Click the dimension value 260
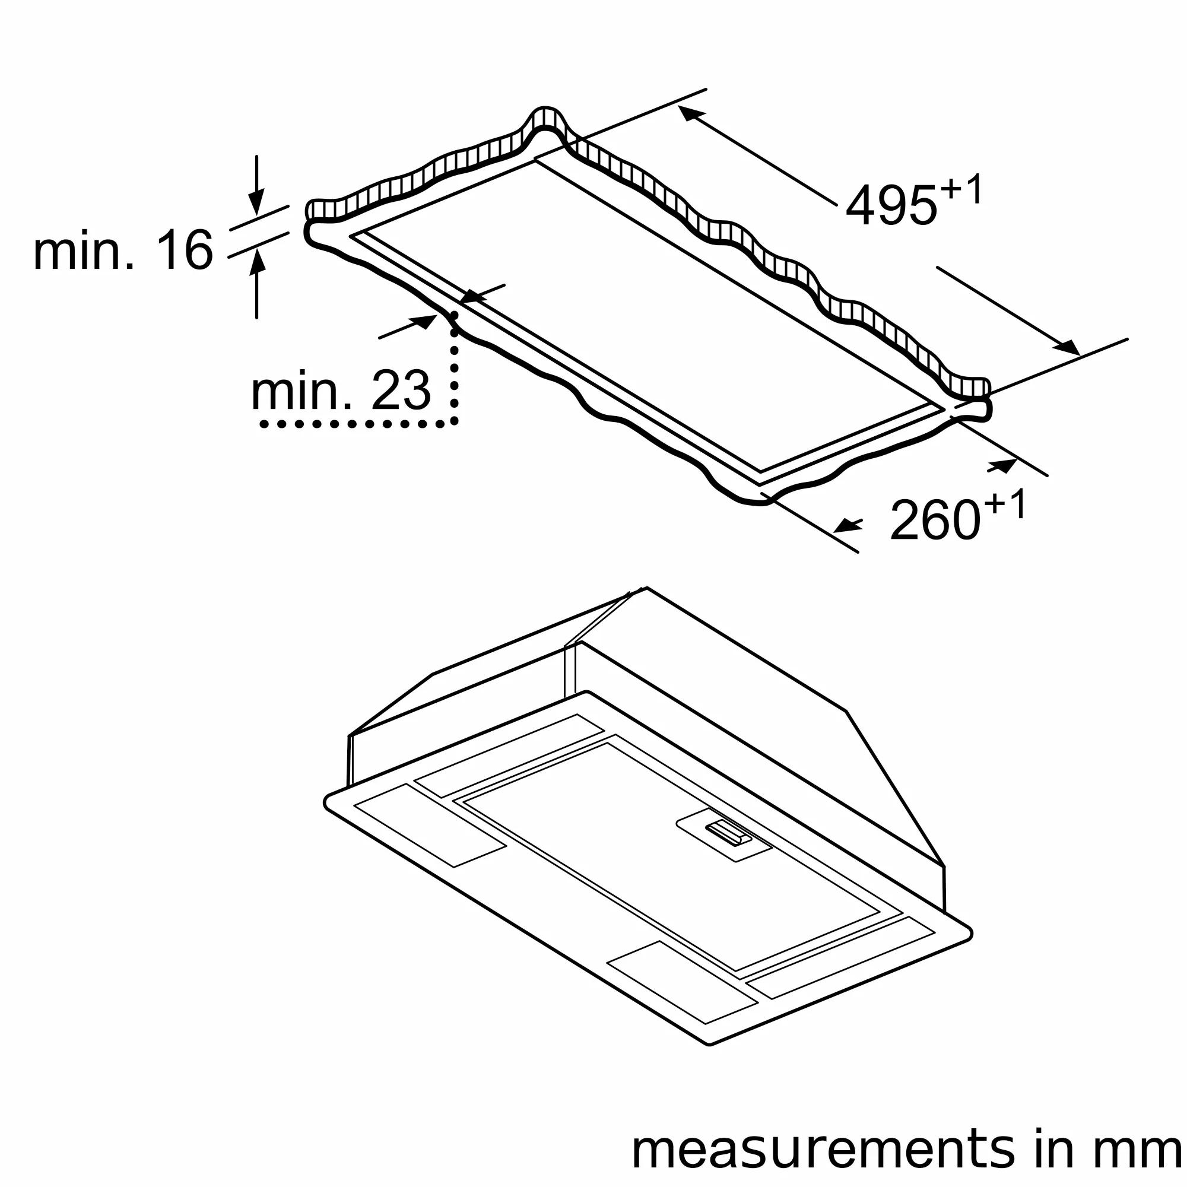(x=935, y=521)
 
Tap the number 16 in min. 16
(x=184, y=249)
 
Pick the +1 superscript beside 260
(x=1005, y=504)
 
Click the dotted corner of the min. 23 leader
(x=455, y=422)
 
